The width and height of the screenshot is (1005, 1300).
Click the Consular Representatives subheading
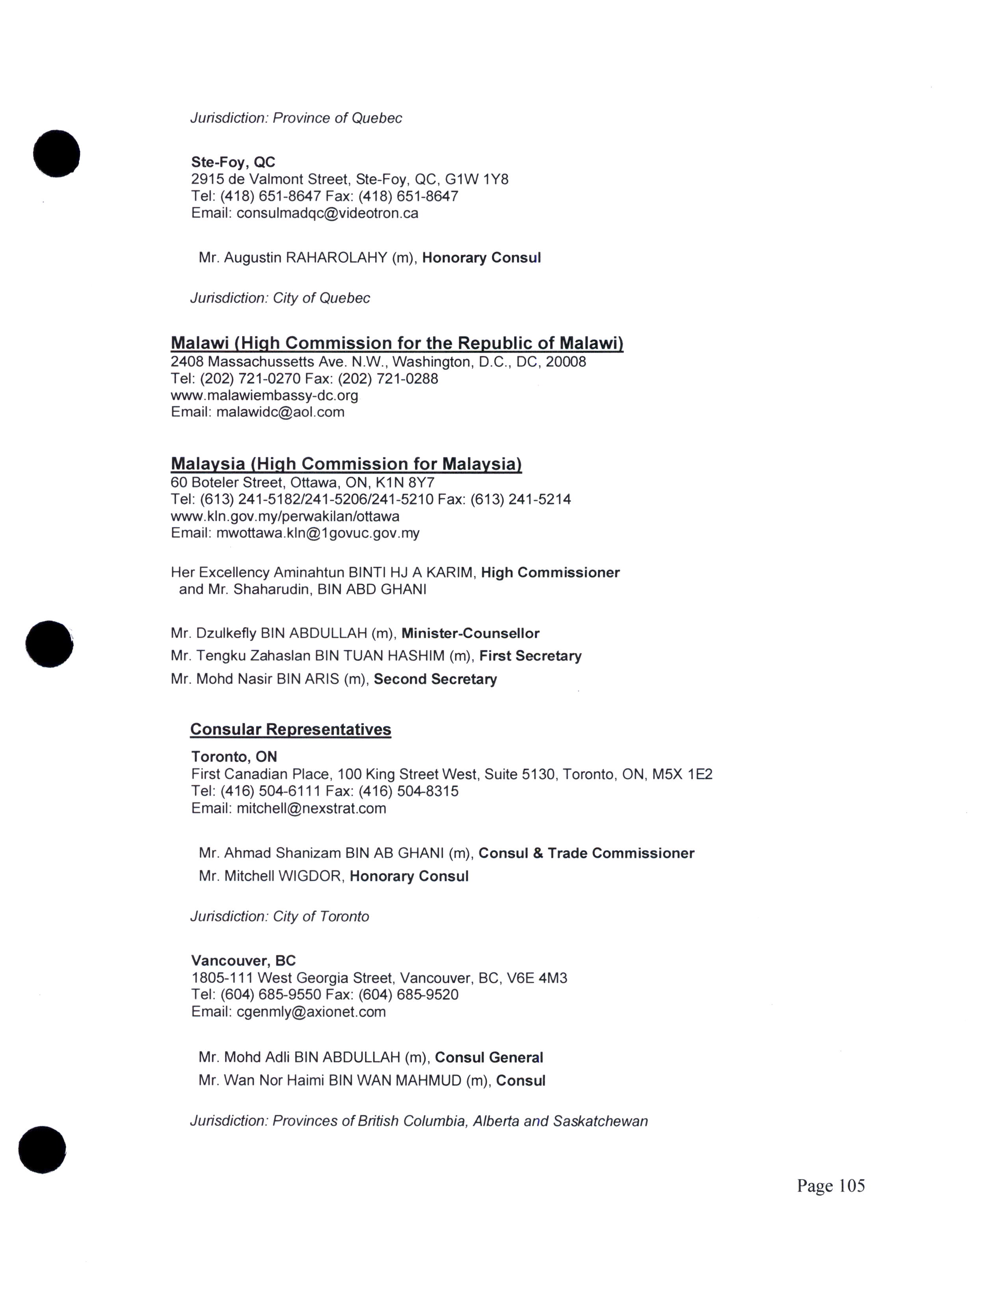(x=290, y=729)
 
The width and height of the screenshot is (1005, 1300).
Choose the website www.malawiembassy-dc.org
(x=264, y=395)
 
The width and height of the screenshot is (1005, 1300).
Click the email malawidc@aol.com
(x=280, y=412)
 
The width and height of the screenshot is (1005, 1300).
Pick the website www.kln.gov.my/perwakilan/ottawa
(x=285, y=516)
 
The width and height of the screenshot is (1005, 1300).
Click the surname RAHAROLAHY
(x=337, y=258)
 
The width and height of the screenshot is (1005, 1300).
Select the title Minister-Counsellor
(x=470, y=633)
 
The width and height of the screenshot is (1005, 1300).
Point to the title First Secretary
(x=530, y=656)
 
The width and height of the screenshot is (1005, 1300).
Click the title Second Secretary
(x=435, y=679)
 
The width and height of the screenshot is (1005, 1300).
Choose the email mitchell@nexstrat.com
(x=311, y=808)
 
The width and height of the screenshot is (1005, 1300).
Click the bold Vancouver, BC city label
(x=244, y=961)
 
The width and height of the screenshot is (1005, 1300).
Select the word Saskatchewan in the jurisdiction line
(x=600, y=1122)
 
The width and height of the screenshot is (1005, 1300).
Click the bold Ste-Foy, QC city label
(x=233, y=162)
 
